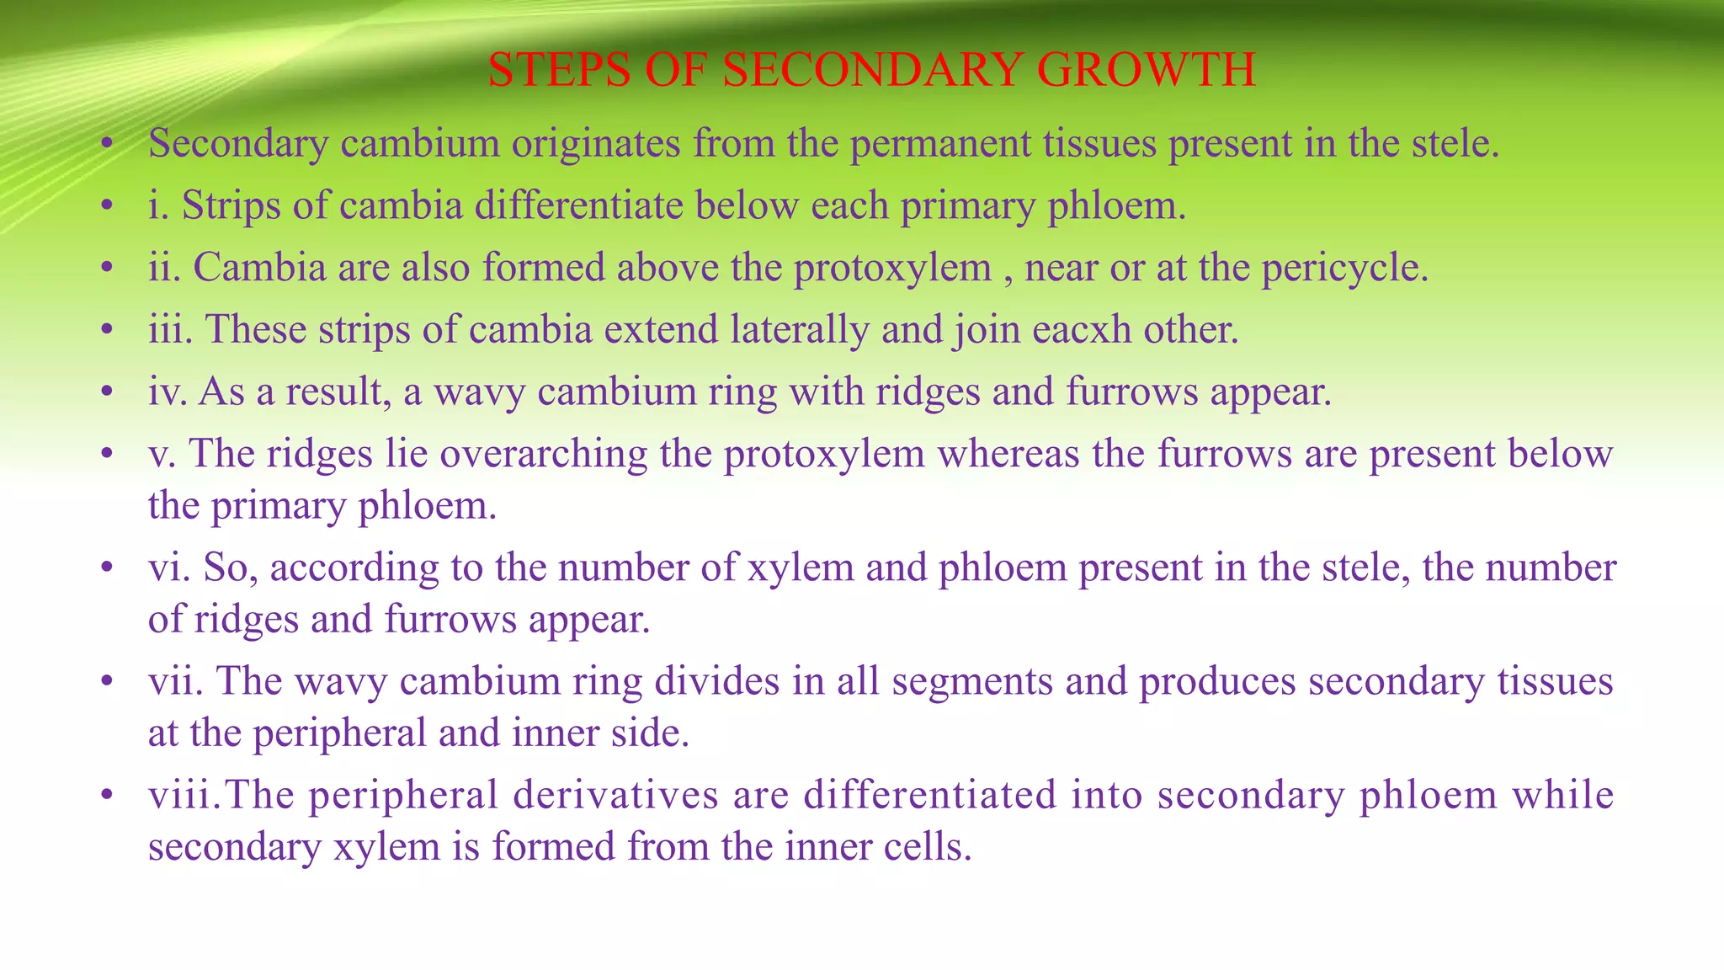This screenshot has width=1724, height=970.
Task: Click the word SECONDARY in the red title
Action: (x=871, y=69)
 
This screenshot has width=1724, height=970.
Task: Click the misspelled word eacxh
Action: (x=1082, y=329)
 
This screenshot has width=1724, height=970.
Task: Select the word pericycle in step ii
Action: (x=1344, y=268)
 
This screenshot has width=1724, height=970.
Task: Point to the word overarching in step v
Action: (x=543, y=455)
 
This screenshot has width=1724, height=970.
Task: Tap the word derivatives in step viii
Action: (x=615, y=796)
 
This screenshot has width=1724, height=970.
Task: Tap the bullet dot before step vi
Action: (x=106, y=569)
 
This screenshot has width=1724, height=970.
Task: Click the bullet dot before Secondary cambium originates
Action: (x=106, y=145)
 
